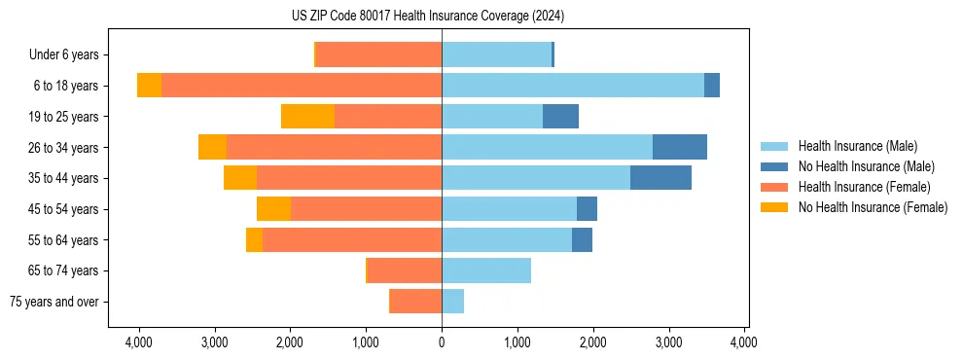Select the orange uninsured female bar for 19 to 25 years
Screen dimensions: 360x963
pos(307,117)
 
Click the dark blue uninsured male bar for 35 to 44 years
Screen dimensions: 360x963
pos(660,178)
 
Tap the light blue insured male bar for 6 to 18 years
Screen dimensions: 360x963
pos(573,86)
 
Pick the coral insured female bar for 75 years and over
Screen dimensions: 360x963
pos(415,302)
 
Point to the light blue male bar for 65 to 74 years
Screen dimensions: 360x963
pos(486,270)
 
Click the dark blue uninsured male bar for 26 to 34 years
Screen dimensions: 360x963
pos(680,147)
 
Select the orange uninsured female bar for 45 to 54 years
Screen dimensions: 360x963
pos(273,209)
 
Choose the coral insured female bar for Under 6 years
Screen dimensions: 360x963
pos(378,54)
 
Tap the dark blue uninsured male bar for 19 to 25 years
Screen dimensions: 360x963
pos(560,117)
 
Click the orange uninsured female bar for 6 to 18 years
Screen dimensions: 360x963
pos(149,86)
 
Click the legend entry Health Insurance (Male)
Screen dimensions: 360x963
pos(857,146)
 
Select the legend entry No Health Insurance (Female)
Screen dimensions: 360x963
pos(873,207)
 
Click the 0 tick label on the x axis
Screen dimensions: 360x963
pos(442,342)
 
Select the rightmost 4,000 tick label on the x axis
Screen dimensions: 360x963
pos(744,342)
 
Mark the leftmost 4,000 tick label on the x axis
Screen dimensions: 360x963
pos(138,342)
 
